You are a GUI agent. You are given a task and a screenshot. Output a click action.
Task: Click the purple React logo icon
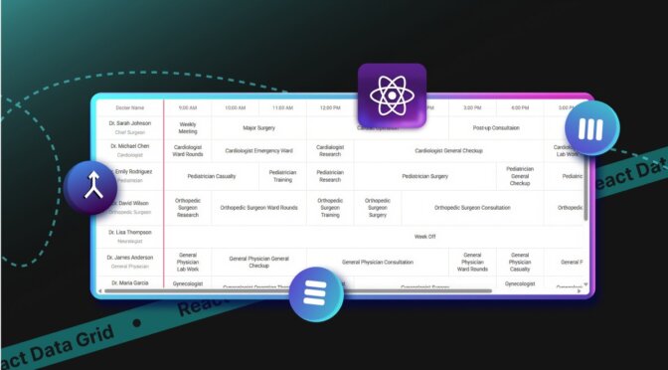tap(393, 95)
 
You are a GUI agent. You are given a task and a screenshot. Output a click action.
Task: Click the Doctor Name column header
tap(129, 107)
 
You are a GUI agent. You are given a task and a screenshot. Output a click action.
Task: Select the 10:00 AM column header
tap(235, 107)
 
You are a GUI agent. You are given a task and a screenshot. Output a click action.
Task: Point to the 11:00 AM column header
tap(282, 107)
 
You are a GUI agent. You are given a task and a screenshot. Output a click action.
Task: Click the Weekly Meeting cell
tap(188, 127)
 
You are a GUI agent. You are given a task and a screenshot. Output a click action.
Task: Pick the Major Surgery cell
tap(258, 127)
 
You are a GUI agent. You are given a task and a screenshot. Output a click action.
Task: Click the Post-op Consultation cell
tap(496, 127)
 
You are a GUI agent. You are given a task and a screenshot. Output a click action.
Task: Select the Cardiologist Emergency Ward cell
tap(258, 151)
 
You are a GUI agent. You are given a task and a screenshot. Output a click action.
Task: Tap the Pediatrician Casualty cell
tap(212, 176)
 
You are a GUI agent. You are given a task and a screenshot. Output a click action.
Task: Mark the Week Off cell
tap(424, 236)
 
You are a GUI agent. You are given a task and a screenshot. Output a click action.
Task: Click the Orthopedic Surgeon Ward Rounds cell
tap(258, 207)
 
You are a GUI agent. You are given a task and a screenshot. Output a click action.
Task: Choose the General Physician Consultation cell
tap(378, 262)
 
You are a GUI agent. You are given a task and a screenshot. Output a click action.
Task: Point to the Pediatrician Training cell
tap(282, 176)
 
